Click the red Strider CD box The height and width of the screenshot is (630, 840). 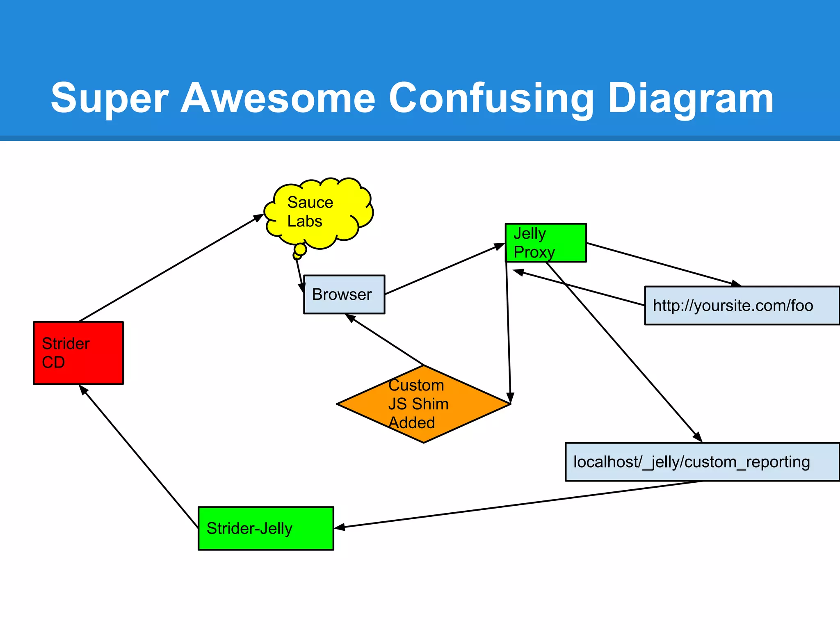78,353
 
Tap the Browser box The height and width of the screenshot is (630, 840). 344,294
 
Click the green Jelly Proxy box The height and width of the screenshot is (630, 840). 546,243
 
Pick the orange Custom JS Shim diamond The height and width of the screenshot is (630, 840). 423,404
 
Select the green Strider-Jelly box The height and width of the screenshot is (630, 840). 266,528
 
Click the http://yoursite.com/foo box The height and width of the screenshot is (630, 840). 742,306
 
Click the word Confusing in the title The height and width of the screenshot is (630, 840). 491,98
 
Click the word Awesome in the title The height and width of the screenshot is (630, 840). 278,98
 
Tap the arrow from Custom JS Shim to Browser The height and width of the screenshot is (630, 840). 386,340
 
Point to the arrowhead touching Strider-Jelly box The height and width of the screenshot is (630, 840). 340,527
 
